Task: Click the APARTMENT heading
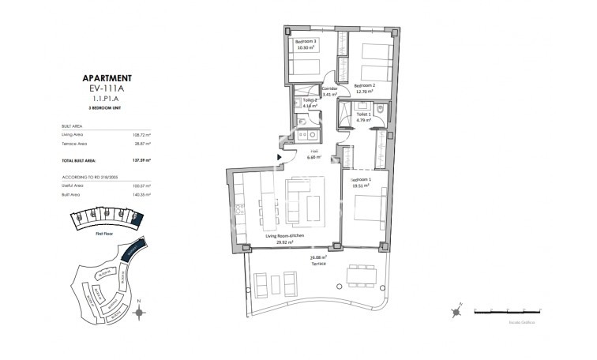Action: tap(107, 79)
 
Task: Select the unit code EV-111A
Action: tap(107, 91)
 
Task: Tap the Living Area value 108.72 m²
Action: tap(142, 134)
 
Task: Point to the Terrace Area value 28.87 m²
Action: tap(142, 144)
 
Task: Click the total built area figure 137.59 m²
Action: tap(141, 160)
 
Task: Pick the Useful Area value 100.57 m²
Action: tap(142, 186)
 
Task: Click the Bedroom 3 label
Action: tap(306, 41)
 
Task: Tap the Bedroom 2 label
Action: tap(364, 85)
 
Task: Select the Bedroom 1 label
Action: tap(360, 181)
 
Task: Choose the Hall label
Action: tap(314, 150)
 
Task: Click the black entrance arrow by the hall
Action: tap(279, 157)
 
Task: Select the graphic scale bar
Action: tap(508, 310)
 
